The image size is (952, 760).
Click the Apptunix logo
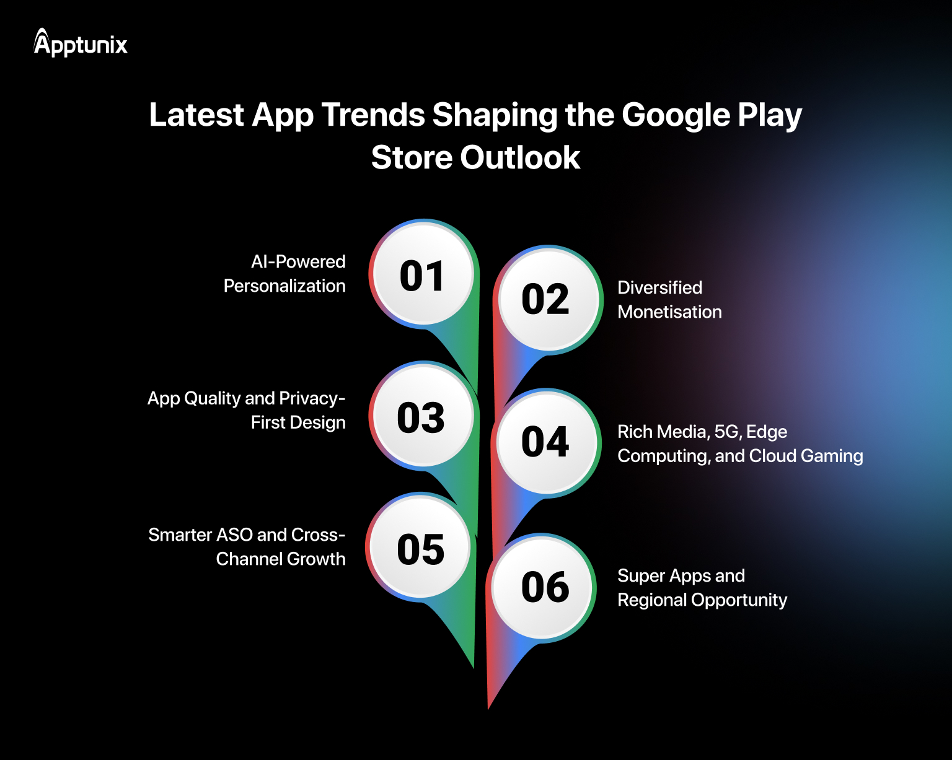click(81, 43)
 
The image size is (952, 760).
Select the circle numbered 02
click(546, 300)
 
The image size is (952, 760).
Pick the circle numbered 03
click(421, 416)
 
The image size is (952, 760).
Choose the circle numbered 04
click(546, 442)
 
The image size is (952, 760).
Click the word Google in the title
click(676, 115)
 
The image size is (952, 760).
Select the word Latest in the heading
click(196, 115)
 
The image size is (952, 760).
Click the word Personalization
click(284, 286)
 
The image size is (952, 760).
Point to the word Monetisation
click(669, 312)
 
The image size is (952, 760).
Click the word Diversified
click(659, 288)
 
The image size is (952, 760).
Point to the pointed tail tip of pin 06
click(488, 708)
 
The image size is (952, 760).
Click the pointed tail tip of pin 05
click(474, 667)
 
